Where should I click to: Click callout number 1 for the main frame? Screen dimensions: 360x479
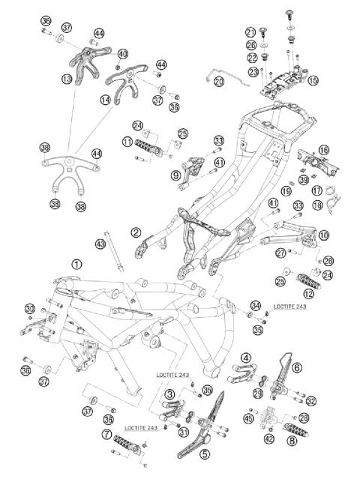[76, 264]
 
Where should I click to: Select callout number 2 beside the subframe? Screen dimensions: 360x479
[136, 233]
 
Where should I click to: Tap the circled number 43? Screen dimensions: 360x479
[100, 244]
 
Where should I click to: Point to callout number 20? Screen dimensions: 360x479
[219, 81]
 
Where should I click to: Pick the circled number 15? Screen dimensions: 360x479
[313, 80]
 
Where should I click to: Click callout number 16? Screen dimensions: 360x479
[323, 150]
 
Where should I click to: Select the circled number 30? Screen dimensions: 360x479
[30, 309]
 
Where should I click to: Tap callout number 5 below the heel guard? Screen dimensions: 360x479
[205, 454]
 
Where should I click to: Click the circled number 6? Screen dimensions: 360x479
[297, 368]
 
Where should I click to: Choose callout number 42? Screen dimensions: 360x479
[269, 439]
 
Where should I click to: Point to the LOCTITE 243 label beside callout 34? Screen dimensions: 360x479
[289, 307]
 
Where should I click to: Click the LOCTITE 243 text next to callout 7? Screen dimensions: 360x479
[141, 428]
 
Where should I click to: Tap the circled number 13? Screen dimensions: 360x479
[67, 79]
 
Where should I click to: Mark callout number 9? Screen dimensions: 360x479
[175, 175]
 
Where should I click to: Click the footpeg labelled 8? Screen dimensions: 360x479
[295, 430]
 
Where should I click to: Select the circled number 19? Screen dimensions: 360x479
[286, 192]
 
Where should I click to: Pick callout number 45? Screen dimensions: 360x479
[248, 418]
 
